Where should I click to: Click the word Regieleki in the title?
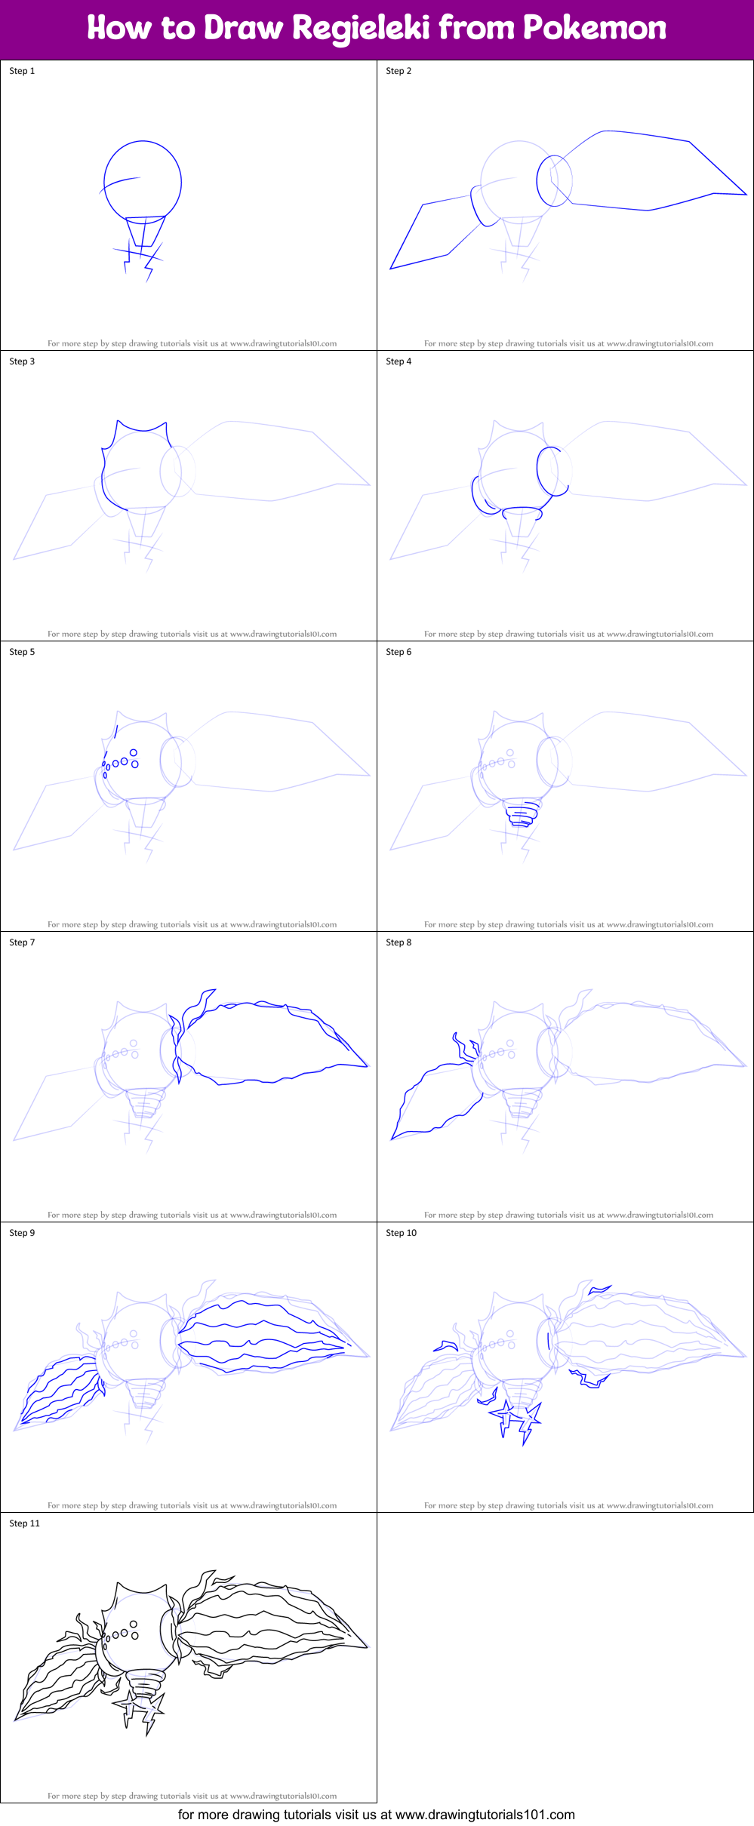coord(360,29)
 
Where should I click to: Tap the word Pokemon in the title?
coord(594,29)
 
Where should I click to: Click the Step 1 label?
coord(22,71)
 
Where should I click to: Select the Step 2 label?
coord(399,71)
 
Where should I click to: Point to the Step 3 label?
coord(22,361)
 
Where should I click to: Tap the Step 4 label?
coord(399,361)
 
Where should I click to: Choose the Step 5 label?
coord(22,652)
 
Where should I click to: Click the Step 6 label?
coord(399,652)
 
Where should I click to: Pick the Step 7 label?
coord(22,942)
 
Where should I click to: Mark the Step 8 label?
coord(399,942)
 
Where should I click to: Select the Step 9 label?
coord(22,1233)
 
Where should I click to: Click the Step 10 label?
coord(401,1233)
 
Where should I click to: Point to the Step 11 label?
coord(24,1523)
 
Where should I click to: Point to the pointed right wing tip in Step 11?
coord(364,1646)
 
